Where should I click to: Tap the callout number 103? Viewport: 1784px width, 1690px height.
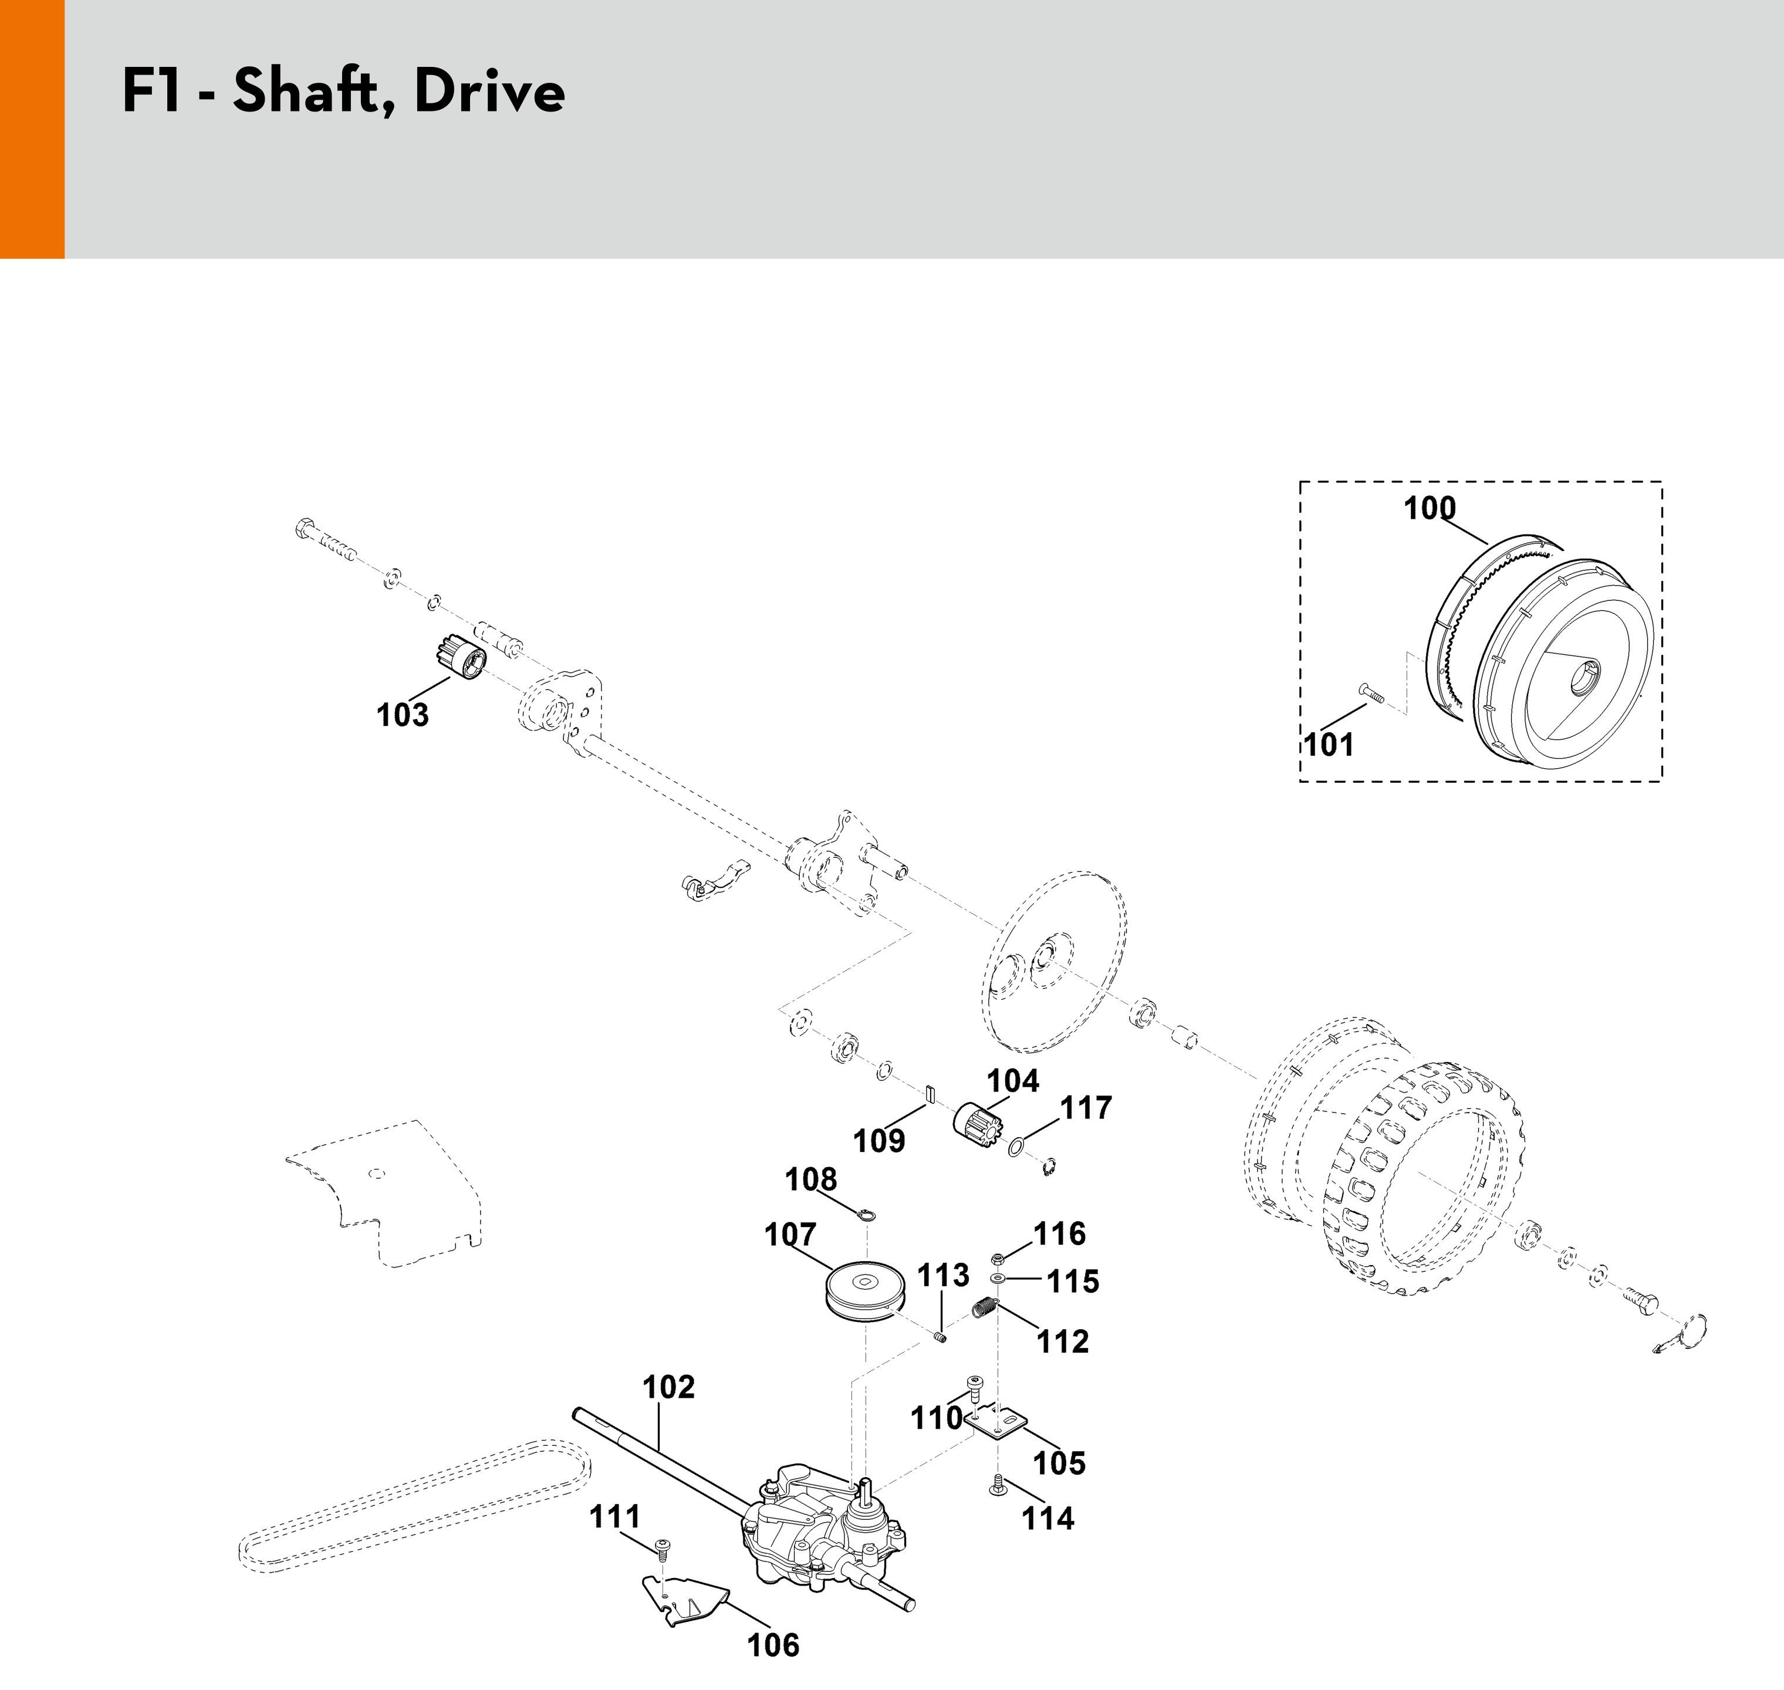click(403, 715)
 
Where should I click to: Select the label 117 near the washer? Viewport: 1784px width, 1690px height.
click(1086, 1108)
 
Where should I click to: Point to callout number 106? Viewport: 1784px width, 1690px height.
click(773, 1646)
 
